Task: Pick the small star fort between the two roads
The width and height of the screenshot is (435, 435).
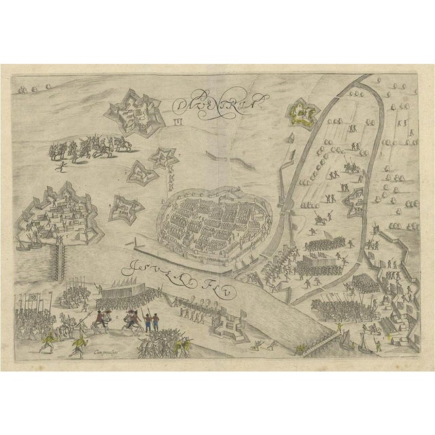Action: [x=353, y=201]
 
